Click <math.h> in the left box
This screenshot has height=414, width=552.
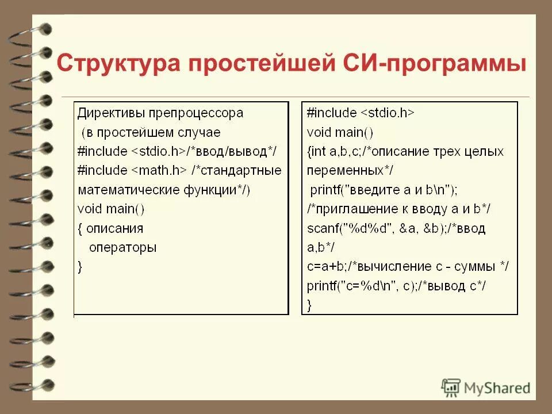[x=159, y=170]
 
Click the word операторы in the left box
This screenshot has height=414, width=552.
[x=122, y=247]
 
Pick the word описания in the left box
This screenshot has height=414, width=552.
[x=115, y=228]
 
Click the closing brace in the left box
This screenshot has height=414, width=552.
[x=80, y=266]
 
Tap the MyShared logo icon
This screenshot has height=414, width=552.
[x=451, y=387]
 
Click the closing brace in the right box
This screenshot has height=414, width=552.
[x=310, y=304]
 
